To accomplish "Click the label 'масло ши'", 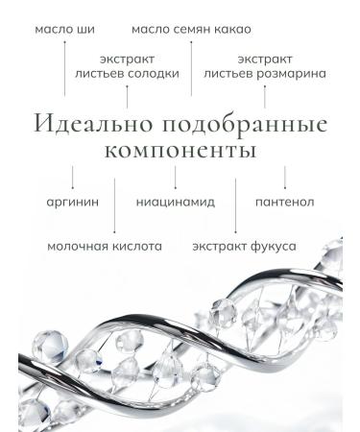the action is pyautogui.click(x=63, y=30).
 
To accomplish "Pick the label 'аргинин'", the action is pyautogui.click(x=71, y=203).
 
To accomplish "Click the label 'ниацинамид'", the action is pyautogui.click(x=175, y=203).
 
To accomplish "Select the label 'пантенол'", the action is pyautogui.click(x=284, y=203).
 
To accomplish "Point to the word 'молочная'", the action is pyautogui.click(x=79, y=246).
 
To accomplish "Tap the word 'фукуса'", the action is pyautogui.click(x=272, y=246).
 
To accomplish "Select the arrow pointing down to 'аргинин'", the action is pyautogui.click(x=72, y=178).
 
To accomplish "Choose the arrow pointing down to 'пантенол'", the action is pyautogui.click(x=284, y=178).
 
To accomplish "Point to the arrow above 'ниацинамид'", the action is pyautogui.click(x=175, y=178).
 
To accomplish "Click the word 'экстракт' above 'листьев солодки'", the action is pyautogui.click(x=127, y=58).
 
